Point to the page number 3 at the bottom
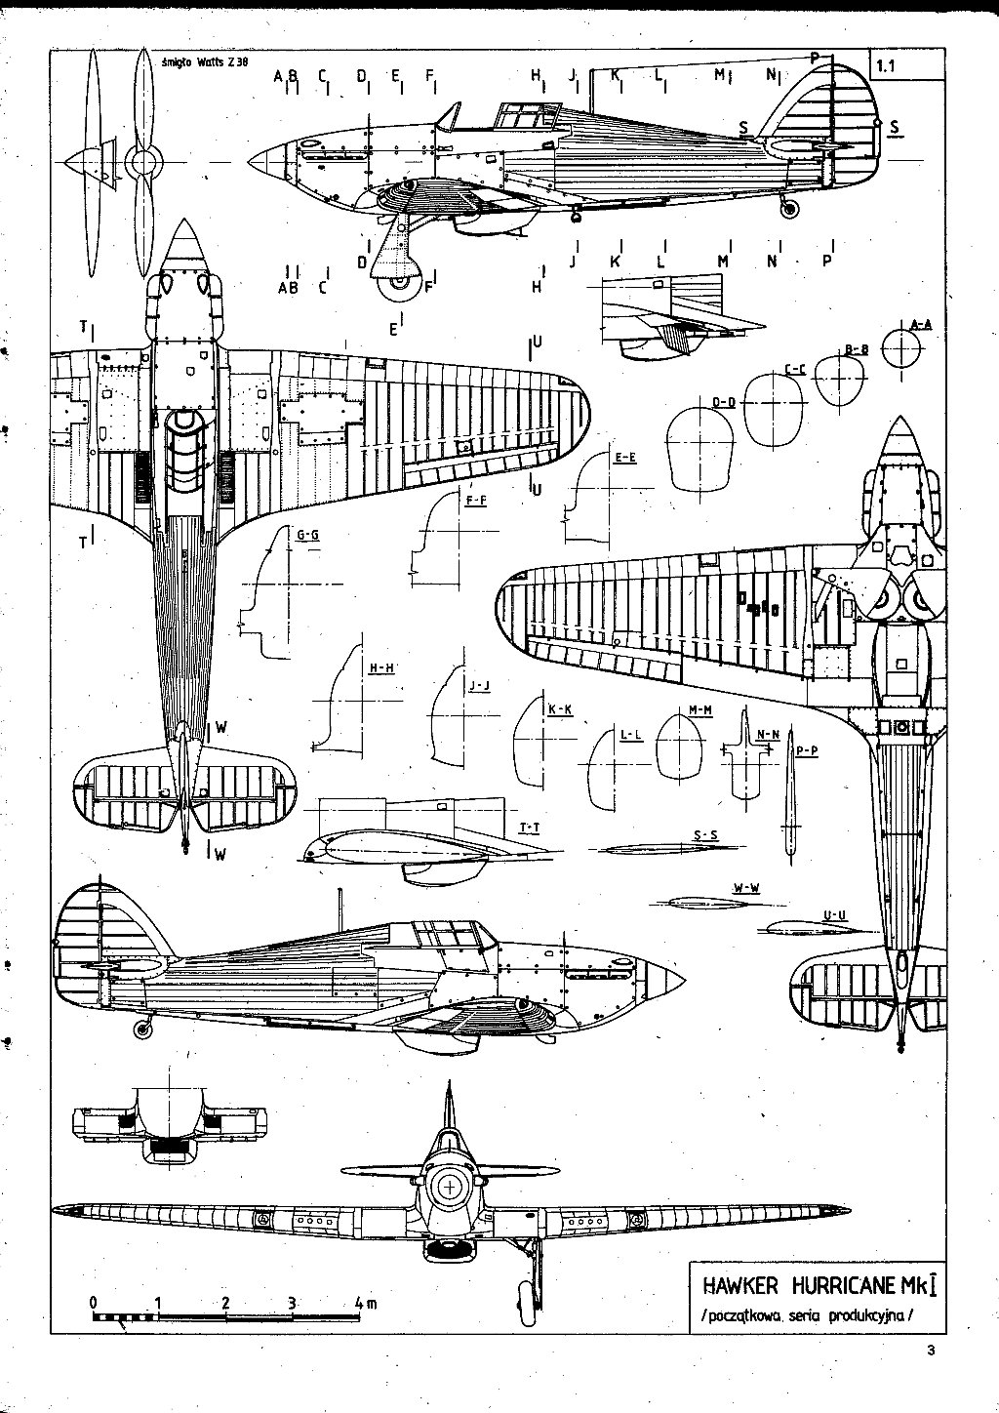point(932,1351)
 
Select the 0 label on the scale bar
point(93,1302)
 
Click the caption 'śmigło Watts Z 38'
point(206,61)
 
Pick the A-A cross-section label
point(920,324)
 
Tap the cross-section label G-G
point(307,536)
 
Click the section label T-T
point(530,828)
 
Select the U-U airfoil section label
point(834,914)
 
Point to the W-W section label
point(745,887)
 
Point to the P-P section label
point(806,750)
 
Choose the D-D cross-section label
point(723,402)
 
